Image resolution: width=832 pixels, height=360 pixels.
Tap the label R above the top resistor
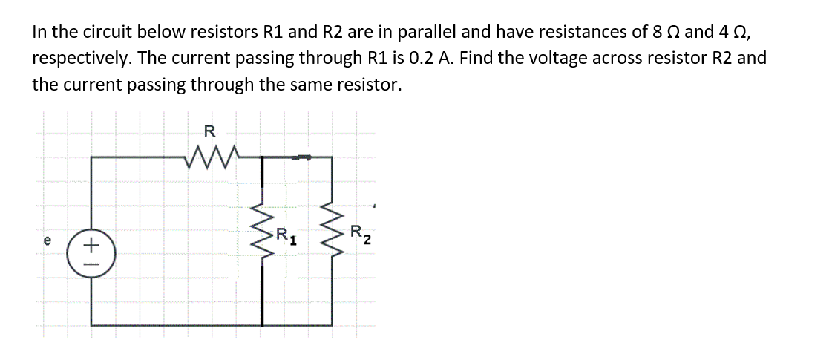pos(209,133)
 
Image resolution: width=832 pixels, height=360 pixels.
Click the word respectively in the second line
pos(78,58)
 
